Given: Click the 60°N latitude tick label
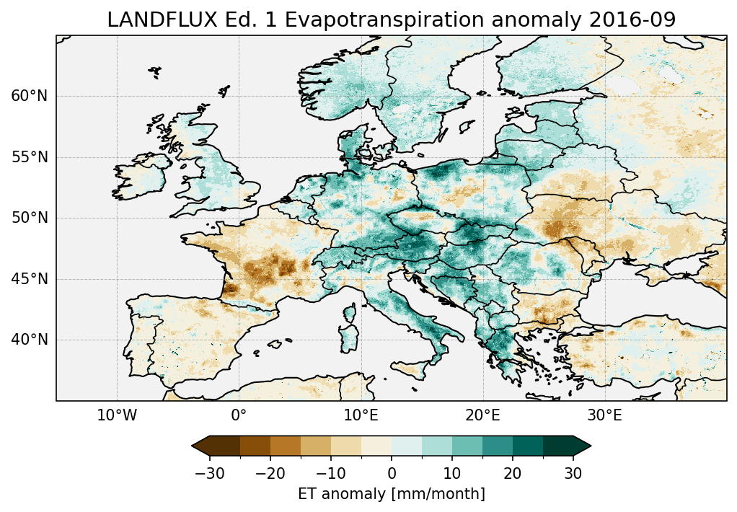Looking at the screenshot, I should [29, 97].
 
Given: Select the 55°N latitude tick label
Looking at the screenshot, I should [29, 157].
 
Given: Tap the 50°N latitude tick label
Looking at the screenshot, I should [29, 218].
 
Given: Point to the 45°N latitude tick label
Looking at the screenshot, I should [29, 279].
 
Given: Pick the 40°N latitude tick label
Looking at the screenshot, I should [29, 340].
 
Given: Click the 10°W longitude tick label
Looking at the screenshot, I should [117, 416].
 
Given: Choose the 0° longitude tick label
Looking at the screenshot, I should [239, 416].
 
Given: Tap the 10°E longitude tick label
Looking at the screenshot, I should [361, 416].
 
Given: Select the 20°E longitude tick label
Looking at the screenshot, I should [482, 416].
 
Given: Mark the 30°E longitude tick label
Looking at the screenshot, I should [604, 416].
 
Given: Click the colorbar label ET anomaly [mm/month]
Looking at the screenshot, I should [392, 494].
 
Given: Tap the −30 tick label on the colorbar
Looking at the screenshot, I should [210, 474].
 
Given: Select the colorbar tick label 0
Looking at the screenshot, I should [392, 474].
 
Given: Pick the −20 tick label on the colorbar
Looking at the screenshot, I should [270, 474].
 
